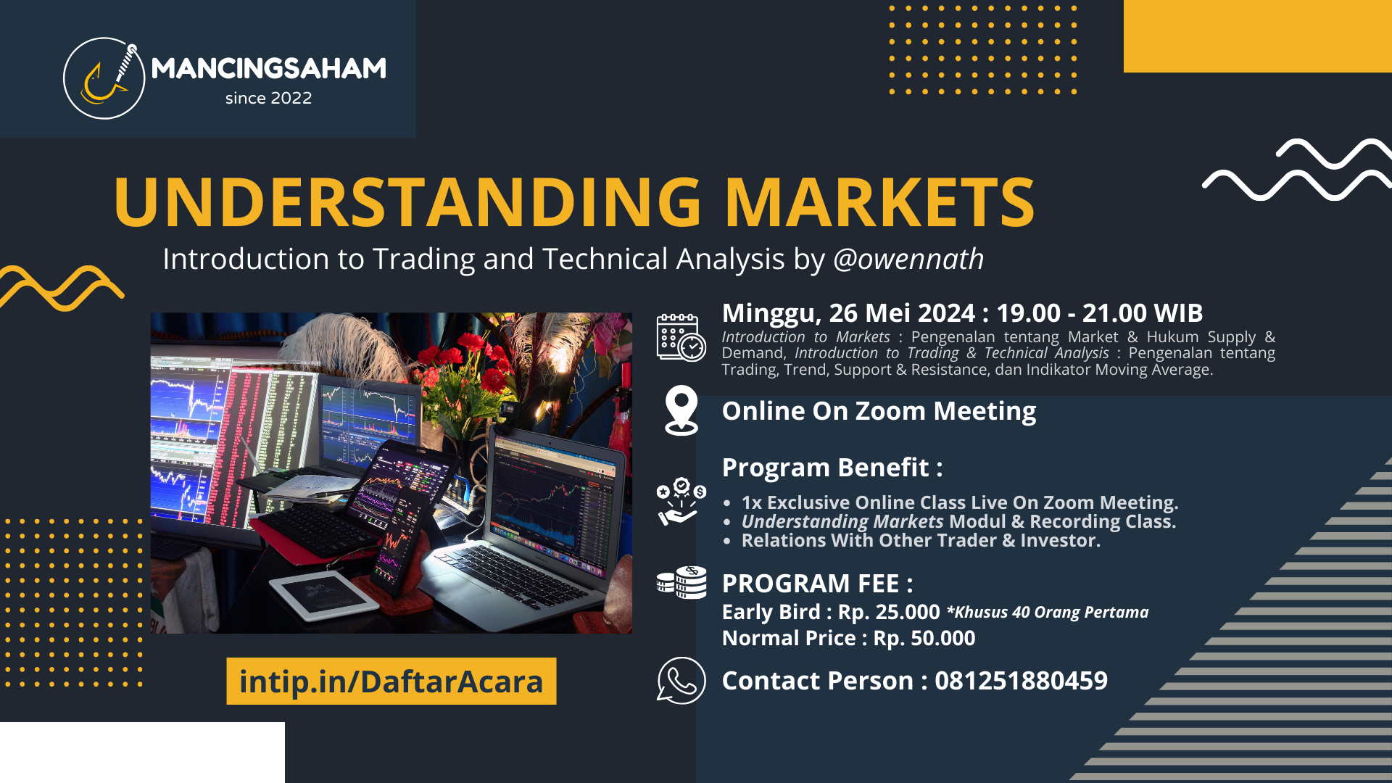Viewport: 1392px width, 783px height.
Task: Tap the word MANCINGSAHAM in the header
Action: pyautogui.click(x=269, y=68)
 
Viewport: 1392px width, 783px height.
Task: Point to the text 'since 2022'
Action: pyautogui.click(x=268, y=98)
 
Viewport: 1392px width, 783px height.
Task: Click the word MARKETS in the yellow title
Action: pyautogui.click(x=879, y=202)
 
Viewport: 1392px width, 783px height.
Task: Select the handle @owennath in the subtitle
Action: pyautogui.click(x=908, y=259)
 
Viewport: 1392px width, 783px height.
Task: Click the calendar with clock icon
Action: pyautogui.click(x=681, y=337)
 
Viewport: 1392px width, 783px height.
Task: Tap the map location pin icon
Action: pyautogui.click(x=681, y=410)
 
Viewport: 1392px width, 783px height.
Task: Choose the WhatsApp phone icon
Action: pyautogui.click(x=681, y=680)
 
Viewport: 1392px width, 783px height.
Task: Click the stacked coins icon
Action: pyautogui.click(x=681, y=582)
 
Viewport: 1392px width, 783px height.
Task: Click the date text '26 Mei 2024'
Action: pyautogui.click(x=902, y=313)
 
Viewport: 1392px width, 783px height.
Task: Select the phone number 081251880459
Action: pyautogui.click(x=1021, y=681)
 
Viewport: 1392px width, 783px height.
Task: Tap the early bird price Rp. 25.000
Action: pyautogui.click(x=889, y=612)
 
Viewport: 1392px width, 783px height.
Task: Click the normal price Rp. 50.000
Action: pyautogui.click(x=924, y=638)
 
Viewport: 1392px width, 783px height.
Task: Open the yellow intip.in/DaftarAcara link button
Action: pyautogui.click(x=391, y=681)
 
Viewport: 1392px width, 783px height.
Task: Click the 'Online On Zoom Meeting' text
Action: pyautogui.click(x=879, y=411)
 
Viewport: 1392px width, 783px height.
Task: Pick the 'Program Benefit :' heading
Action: pyautogui.click(x=832, y=468)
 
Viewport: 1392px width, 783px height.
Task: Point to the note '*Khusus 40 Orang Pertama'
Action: pyautogui.click(x=1048, y=612)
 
